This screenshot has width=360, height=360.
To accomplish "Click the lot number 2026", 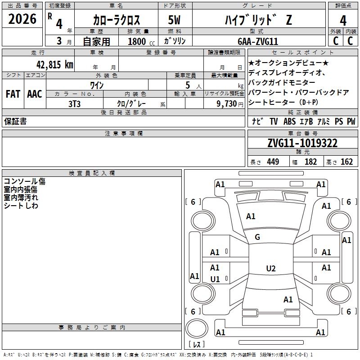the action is (22, 19).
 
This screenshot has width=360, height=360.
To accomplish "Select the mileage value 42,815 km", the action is (54, 64).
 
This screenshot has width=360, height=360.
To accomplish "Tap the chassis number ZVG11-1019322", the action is (302, 143).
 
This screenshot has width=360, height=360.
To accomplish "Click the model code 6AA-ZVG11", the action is (258, 41).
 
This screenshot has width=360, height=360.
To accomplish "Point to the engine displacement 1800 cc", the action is (141, 41).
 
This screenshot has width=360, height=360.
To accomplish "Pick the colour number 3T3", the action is (74, 104).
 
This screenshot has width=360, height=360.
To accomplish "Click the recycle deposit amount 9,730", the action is (227, 103).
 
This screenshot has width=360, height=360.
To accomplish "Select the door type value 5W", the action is (174, 20).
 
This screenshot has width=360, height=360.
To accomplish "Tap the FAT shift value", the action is (13, 94).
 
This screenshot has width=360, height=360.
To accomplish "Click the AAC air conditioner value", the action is (35, 94).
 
